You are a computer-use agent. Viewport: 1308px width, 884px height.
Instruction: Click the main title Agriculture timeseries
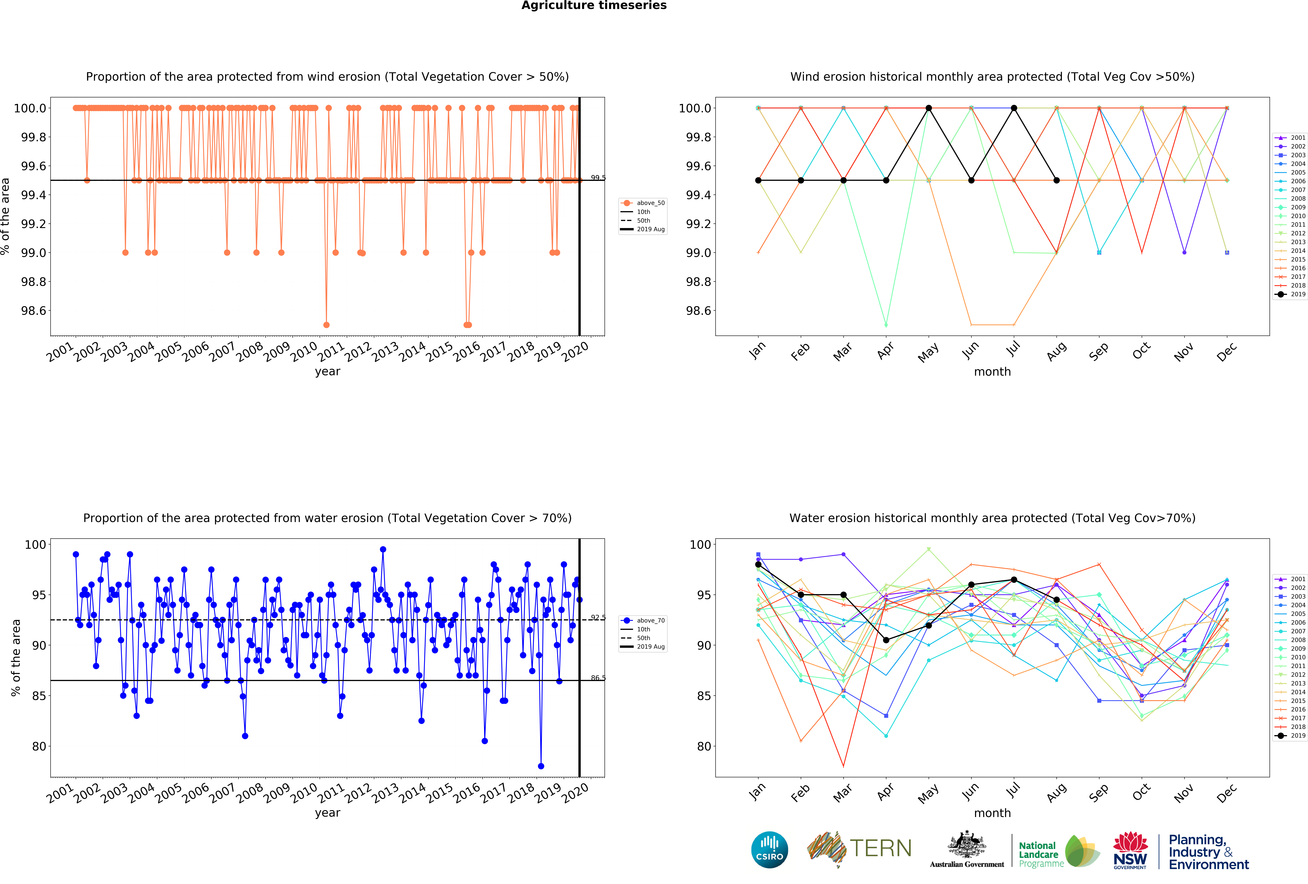(594, 6)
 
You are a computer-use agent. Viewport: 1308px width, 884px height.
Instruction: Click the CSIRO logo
(769, 850)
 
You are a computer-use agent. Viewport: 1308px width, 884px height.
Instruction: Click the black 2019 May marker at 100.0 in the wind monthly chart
(929, 108)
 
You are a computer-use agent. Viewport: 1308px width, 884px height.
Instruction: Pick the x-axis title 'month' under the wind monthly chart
(992, 372)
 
